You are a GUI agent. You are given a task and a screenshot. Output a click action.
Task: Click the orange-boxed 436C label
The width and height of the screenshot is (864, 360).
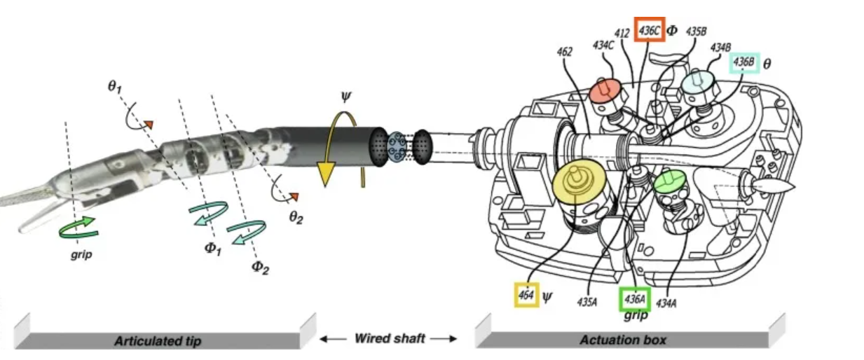coord(650,30)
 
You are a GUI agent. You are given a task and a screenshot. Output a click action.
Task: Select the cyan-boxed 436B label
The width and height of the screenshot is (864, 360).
coord(743,63)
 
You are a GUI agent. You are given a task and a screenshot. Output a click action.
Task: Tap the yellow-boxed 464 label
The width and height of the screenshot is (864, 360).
coord(526,296)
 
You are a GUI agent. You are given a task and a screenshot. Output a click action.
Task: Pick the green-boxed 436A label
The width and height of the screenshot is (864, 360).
coord(635,299)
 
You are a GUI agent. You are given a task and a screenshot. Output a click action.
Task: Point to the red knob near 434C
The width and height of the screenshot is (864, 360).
coord(606,90)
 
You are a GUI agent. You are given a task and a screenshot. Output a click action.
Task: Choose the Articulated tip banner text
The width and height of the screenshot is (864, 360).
coord(158,341)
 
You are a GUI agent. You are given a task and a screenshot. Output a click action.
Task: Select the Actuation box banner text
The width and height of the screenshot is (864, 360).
coord(622,341)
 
